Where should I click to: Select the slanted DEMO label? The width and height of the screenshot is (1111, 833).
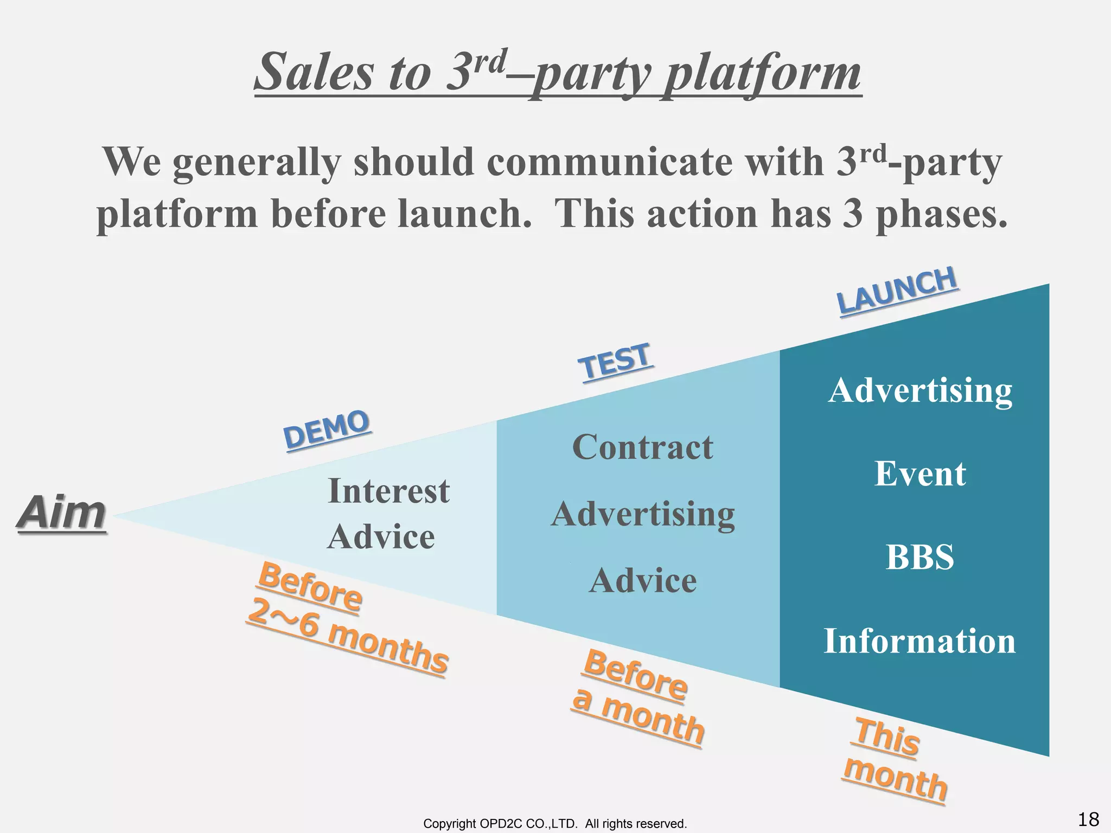coord(327,430)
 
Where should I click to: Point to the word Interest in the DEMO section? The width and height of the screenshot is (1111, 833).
coord(388,491)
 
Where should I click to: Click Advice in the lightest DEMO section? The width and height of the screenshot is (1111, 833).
coord(381,537)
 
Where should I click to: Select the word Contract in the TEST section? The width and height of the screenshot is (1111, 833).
coord(642,447)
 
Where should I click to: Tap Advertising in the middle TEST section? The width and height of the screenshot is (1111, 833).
coord(643,514)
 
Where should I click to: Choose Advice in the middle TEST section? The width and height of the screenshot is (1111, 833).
coord(643,581)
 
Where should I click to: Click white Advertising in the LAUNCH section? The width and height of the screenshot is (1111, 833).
coord(920,390)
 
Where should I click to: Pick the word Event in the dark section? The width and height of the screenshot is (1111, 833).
coord(920,474)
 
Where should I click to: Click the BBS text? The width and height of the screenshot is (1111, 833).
coord(920,557)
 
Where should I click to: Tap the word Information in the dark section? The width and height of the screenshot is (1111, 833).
coord(920,641)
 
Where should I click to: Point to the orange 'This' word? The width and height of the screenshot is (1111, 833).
coord(887,736)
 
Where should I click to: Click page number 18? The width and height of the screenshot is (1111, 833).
coord(1088,819)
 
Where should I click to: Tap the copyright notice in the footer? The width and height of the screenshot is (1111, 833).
coord(555,824)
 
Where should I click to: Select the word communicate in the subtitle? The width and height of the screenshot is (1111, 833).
coord(610,162)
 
